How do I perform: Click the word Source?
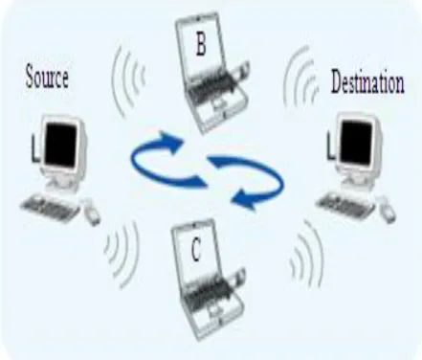(x=47, y=77)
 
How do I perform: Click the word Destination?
(x=367, y=81)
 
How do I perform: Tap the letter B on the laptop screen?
(x=201, y=45)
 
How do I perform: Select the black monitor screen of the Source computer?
(x=60, y=145)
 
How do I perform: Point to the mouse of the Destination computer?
(x=387, y=210)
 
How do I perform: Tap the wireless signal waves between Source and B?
(x=128, y=79)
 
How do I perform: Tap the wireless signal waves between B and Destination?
(x=300, y=77)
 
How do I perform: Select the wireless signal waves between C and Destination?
(x=307, y=252)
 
